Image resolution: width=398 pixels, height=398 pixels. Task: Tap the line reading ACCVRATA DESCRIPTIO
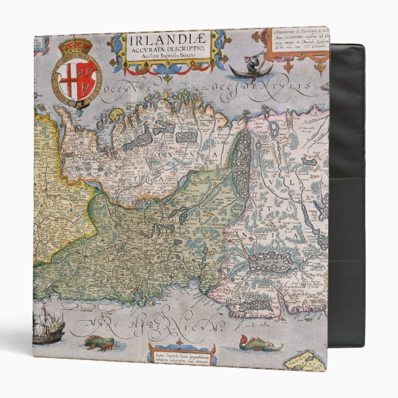(166, 53)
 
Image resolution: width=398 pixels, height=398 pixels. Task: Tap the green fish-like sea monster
(258, 342)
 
